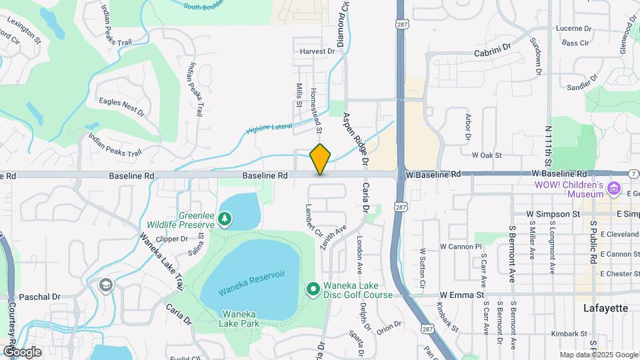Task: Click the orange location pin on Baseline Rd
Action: coord(321,159)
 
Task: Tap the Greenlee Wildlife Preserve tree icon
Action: coord(225,219)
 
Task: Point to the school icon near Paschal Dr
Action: coord(105,285)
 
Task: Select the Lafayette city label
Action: coord(605,308)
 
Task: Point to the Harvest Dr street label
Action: coord(317,51)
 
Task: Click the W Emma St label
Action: coord(461,295)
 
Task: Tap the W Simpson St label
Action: coord(553,214)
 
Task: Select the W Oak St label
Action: coord(486,155)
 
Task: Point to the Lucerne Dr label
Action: coord(574,29)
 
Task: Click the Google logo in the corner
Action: coord(22,352)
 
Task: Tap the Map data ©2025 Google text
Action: coord(599,355)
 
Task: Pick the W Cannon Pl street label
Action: coord(460,246)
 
